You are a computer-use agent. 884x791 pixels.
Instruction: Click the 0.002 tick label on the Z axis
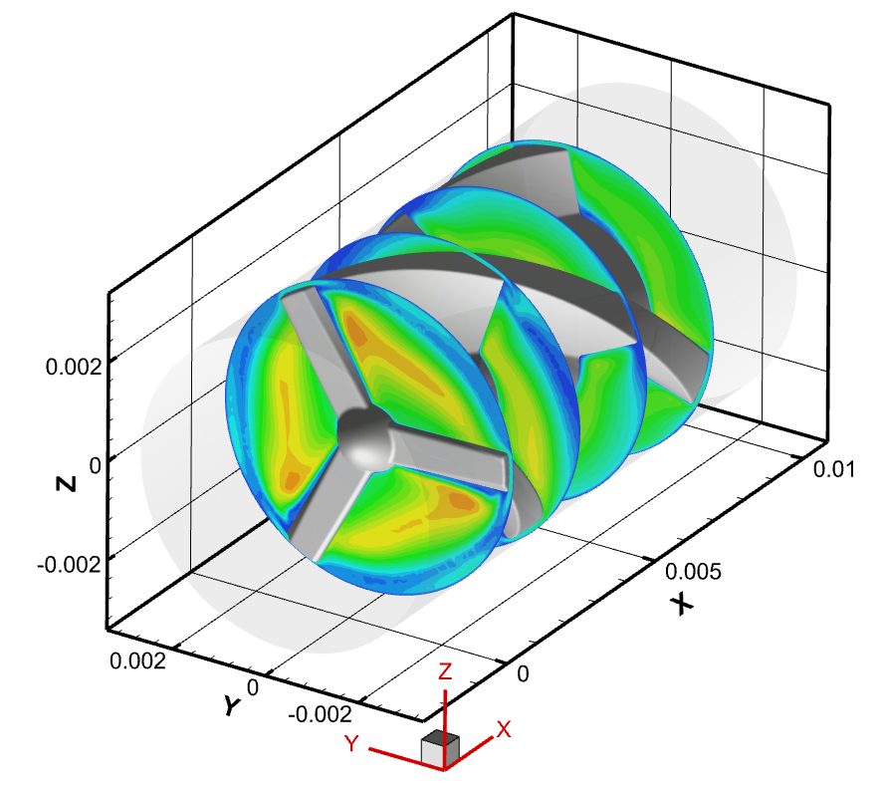point(74,368)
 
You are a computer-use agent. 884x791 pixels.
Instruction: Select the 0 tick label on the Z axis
point(96,466)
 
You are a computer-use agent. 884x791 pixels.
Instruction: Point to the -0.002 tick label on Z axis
point(69,564)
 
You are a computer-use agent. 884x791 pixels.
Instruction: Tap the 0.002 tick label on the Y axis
point(138,660)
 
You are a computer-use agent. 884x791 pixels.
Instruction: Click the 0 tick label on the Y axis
point(253,687)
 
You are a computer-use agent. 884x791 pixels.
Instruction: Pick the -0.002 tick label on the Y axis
point(320,715)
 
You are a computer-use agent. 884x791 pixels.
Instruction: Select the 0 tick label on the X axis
point(524,673)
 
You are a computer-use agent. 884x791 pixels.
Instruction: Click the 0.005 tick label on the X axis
point(693,572)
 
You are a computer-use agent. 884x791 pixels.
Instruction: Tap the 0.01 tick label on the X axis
point(834,469)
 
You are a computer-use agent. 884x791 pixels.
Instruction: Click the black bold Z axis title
point(67,483)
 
